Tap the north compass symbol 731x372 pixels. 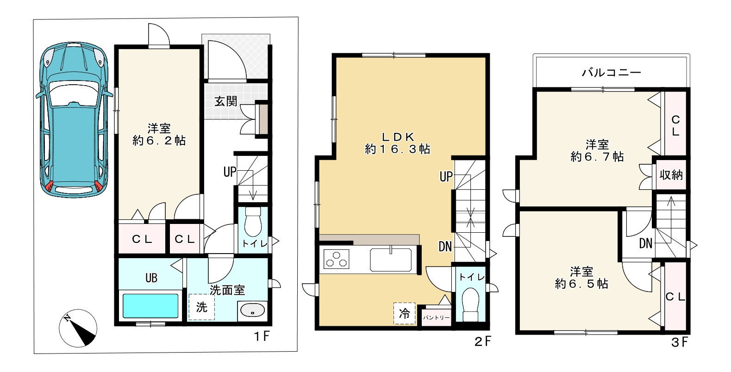[x=78, y=328]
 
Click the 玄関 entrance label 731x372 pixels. [x=225, y=101]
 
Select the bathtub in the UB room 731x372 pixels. [x=150, y=306]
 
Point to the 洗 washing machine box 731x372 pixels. [x=202, y=307]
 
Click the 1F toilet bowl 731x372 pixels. [x=253, y=223]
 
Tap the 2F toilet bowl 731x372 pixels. [x=470, y=304]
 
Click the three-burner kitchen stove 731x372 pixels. [x=336, y=259]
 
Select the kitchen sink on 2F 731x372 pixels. [x=391, y=260]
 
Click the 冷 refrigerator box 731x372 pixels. [x=404, y=314]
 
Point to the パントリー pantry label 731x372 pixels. [x=436, y=317]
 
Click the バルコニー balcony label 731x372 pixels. [x=612, y=72]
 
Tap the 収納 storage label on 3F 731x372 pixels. [x=671, y=175]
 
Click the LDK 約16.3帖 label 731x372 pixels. [x=398, y=143]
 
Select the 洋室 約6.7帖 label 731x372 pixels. [x=597, y=151]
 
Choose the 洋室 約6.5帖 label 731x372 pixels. [x=581, y=278]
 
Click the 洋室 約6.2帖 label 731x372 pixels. [x=159, y=134]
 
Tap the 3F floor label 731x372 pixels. [x=680, y=342]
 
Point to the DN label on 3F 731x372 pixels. [x=645, y=243]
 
